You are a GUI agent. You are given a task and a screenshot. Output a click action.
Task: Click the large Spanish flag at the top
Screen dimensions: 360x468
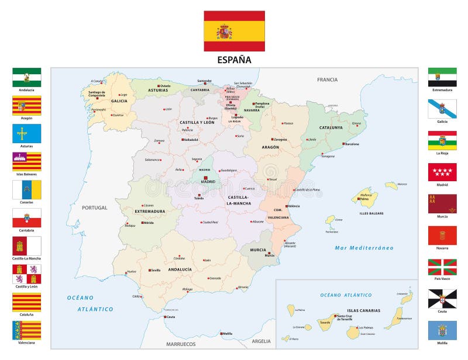(x=234, y=31)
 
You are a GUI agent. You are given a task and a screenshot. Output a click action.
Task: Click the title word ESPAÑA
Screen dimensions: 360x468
(x=234, y=59)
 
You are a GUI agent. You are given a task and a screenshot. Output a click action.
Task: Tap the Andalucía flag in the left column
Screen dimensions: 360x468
(x=26, y=77)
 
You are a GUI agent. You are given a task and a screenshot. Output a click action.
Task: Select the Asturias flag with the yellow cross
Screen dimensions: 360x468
(x=26, y=133)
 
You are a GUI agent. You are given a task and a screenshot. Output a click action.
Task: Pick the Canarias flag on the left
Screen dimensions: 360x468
(x=26, y=189)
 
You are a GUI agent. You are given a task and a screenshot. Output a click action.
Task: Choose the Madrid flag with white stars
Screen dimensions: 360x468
(x=442, y=172)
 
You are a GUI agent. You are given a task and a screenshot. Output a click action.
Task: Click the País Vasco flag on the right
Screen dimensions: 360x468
(x=442, y=267)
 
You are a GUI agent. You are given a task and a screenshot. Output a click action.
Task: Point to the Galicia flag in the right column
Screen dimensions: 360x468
(x=442, y=109)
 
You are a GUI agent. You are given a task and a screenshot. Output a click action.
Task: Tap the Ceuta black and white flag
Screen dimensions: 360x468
(x=442, y=299)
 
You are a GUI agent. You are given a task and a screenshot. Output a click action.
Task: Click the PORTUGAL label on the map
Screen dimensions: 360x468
(x=94, y=207)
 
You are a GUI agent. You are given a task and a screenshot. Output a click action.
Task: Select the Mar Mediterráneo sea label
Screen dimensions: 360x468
(x=364, y=248)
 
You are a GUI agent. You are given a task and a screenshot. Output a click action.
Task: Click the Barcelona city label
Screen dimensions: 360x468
(x=352, y=144)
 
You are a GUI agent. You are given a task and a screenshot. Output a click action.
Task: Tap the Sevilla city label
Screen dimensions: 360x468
(x=155, y=270)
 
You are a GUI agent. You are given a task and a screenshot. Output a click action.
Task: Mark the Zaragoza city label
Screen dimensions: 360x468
(x=281, y=140)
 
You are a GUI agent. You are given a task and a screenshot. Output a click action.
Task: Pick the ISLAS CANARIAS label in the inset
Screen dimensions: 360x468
(x=363, y=310)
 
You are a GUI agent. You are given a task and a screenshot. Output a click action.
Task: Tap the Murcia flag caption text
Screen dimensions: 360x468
(x=442, y=217)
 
